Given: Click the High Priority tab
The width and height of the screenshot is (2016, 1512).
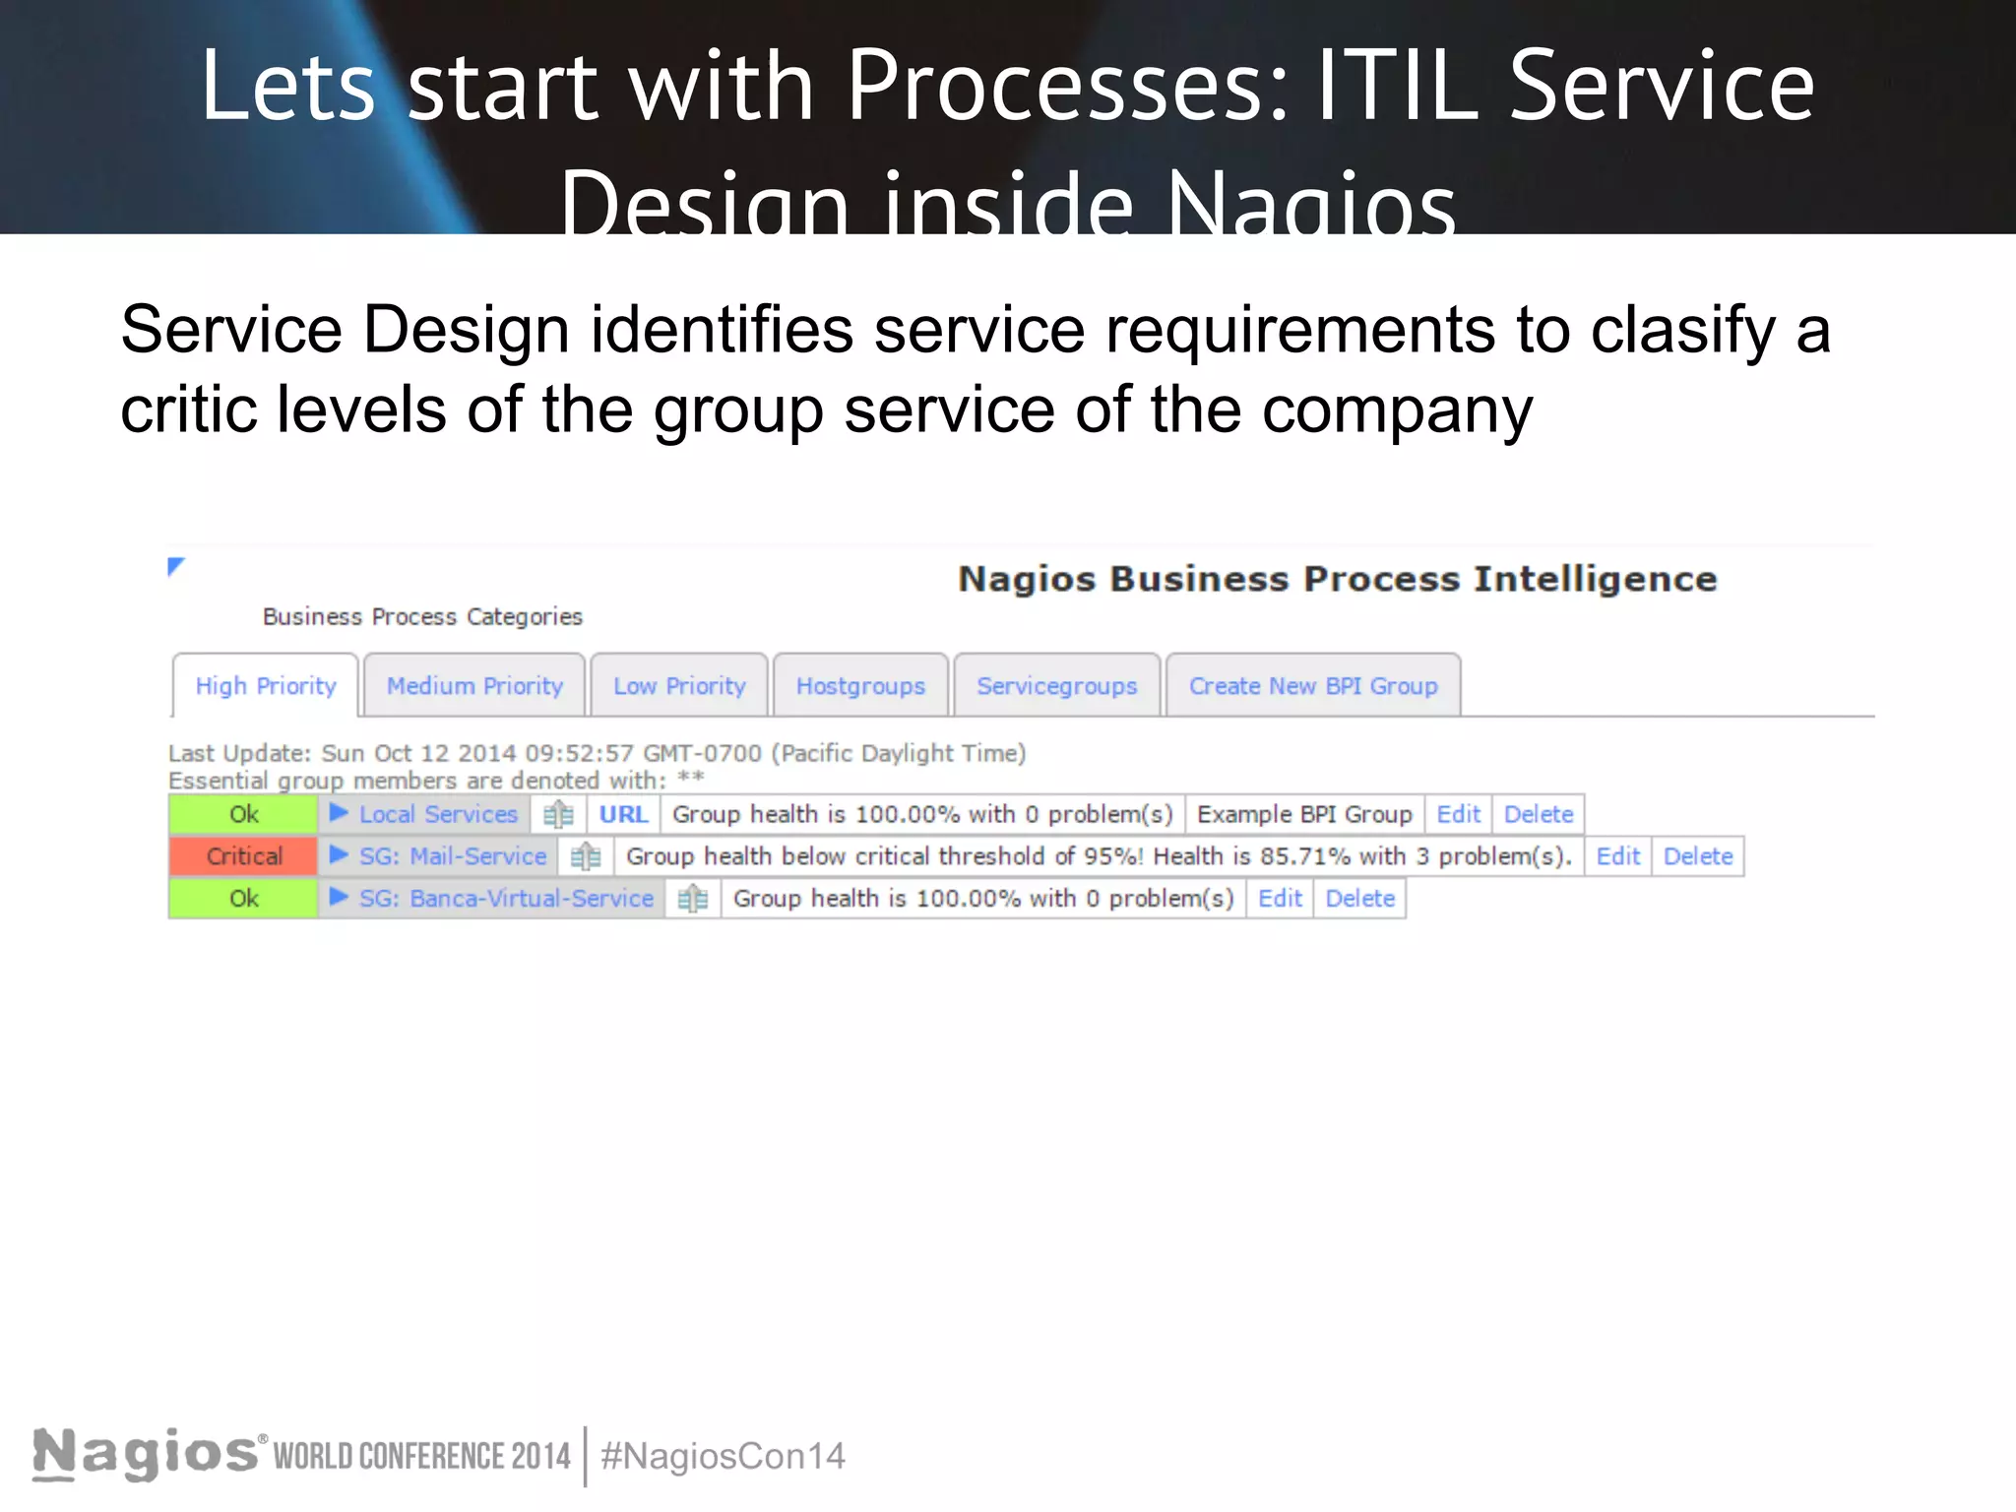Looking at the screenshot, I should pyautogui.click(x=266, y=686).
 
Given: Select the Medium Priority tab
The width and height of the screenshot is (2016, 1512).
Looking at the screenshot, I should pyautogui.click(x=474, y=686).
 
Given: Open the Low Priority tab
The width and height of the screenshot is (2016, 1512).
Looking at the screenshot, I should pyautogui.click(x=679, y=686).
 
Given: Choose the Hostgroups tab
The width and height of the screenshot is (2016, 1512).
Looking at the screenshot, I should pyautogui.click(x=860, y=686).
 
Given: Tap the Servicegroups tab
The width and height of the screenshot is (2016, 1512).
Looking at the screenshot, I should pyautogui.click(x=1056, y=686).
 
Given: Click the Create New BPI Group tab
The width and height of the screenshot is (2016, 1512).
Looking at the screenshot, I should pyautogui.click(x=1313, y=686).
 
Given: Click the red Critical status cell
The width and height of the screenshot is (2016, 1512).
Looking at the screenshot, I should pyautogui.click(x=243, y=856).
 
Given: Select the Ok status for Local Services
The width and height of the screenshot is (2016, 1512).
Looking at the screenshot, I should pyautogui.click(x=243, y=814).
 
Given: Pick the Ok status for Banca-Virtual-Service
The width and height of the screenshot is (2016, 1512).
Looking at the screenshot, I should pyautogui.click(x=243, y=899).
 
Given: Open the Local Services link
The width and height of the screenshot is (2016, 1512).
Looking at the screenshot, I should pyautogui.click(x=438, y=814).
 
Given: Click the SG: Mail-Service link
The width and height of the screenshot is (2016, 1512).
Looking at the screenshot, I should pyautogui.click(x=452, y=856).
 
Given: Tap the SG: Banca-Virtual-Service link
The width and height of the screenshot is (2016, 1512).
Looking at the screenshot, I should pyautogui.click(x=506, y=899).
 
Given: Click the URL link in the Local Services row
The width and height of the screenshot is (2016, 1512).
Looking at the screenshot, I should pyautogui.click(x=623, y=814).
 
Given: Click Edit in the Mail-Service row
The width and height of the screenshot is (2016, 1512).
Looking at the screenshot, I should pyautogui.click(x=1617, y=856).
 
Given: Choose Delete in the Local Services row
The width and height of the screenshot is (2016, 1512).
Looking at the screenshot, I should pyautogui.click(x=1538, y=814).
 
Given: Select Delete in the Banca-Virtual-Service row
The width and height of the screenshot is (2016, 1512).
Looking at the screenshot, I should pyautogui.click(x=1359, y=899).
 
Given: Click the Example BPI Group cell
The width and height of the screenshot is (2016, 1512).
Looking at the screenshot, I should pyautogui.click(x=1304, y=814).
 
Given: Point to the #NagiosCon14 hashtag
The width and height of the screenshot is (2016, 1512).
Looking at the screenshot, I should pyautogui.click(x=723, y=1456).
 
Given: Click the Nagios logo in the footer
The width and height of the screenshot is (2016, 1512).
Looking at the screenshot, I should pyautogui.click(x=146, y=1454).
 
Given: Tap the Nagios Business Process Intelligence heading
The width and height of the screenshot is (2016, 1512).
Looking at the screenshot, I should pyautogui.click(x=1337, y=579).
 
